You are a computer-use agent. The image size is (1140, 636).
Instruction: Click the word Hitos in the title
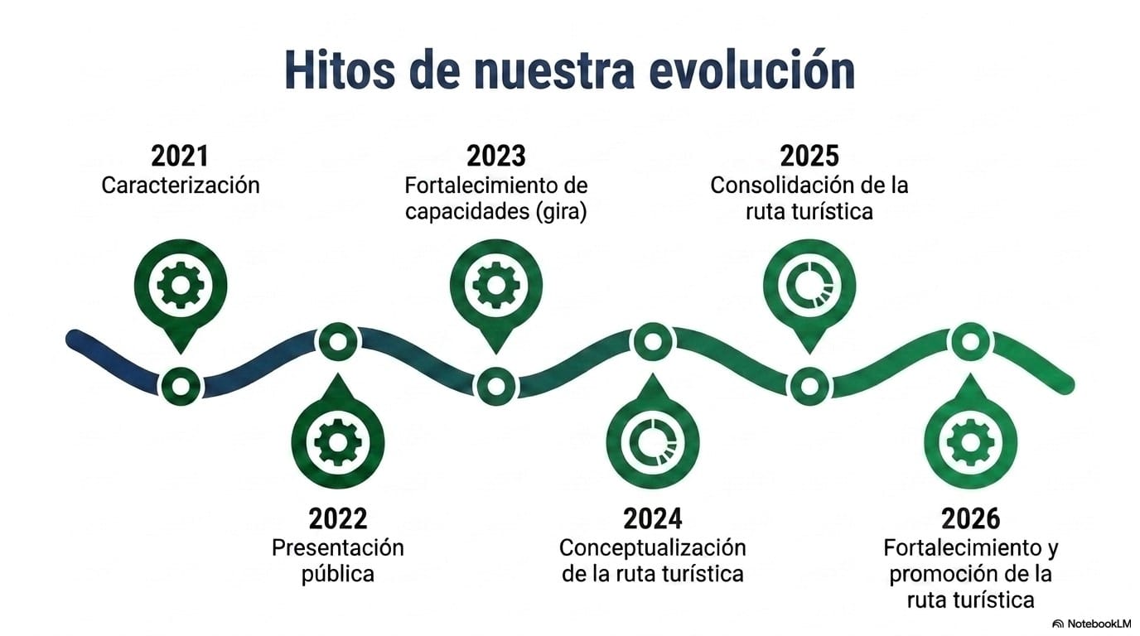[x=340, y=70]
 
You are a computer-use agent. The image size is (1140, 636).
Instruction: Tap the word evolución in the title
[x=752, y=70]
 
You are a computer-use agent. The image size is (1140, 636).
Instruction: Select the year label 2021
[x=180, y=157]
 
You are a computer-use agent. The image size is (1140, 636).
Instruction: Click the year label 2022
[x=338, y=518]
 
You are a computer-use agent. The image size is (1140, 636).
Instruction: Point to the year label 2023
[x=496, y=157]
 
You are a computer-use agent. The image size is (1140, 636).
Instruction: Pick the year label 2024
[x=653, y=518]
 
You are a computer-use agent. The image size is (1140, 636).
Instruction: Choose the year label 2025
[x=809, y=157]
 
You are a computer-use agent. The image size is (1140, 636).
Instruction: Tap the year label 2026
[x=970, y=518]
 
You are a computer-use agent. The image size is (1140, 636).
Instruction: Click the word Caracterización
[x=181, y=185]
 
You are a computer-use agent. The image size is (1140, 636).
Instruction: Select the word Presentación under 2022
[x=338, y=548]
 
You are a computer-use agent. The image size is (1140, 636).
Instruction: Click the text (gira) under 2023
[x=562, y=211]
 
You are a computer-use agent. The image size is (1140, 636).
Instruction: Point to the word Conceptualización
[x=653, y=548]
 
